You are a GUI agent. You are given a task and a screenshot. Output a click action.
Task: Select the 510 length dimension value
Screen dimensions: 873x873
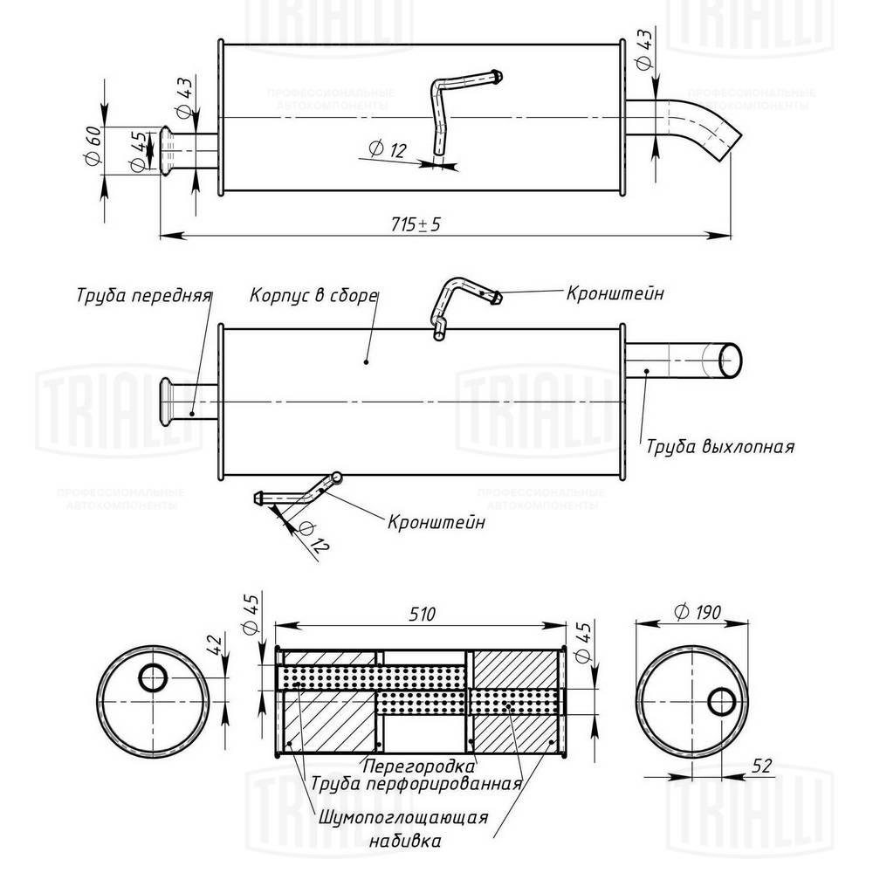click(422, 615)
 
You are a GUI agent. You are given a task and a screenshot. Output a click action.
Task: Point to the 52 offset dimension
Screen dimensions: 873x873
click(761, 766)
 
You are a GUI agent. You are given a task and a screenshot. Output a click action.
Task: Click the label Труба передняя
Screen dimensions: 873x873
click(143, 294)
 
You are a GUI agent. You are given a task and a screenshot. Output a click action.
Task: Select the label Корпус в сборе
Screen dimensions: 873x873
click(313, 294)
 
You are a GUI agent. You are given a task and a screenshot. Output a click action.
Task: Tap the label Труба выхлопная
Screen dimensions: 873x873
click(719, 447)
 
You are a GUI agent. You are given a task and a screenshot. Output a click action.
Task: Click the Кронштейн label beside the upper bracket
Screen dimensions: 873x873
click(614, 293)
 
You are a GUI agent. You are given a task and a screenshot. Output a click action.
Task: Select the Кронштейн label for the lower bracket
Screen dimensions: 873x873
click(436, 522)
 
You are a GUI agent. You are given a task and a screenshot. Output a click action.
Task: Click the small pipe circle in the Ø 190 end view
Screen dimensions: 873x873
click(722, 700)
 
